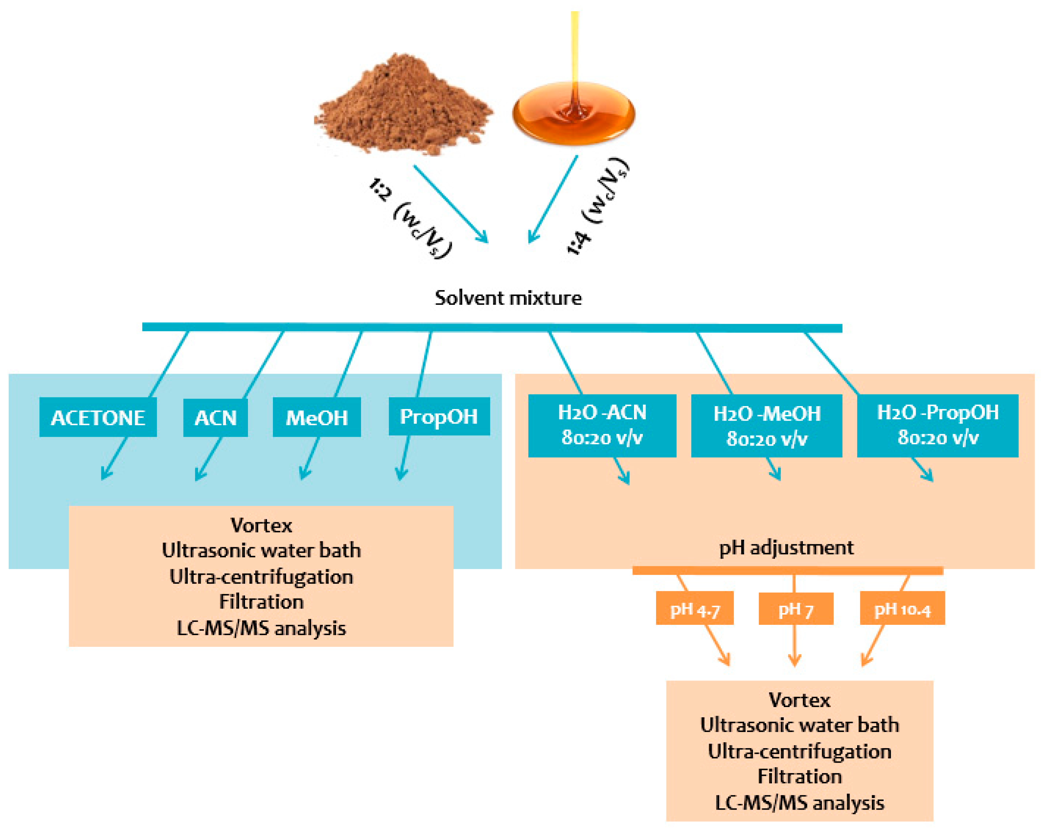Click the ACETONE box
point(98,417)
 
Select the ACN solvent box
point(215,417)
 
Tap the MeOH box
point(317,417)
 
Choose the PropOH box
point(439,416)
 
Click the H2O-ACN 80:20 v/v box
point(602,426)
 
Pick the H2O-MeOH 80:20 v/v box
point(766,426)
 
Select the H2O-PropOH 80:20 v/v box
point(937,426)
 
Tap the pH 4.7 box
point(694,608)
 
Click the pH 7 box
point(795,608)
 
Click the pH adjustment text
point(786,548)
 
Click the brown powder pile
point(403,107)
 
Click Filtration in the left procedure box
point(261,602)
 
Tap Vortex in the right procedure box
point(799,700)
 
